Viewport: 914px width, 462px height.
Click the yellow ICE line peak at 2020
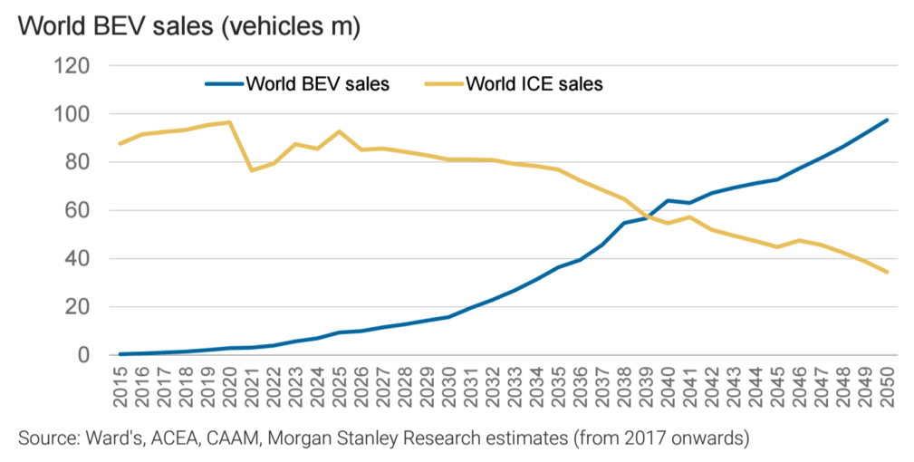[229, 122]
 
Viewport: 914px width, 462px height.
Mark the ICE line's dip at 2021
[251, 170]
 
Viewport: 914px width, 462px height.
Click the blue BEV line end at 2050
[886, 120]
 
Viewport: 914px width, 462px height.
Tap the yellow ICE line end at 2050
[886, 272]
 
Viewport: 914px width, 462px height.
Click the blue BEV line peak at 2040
[668, 200]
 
